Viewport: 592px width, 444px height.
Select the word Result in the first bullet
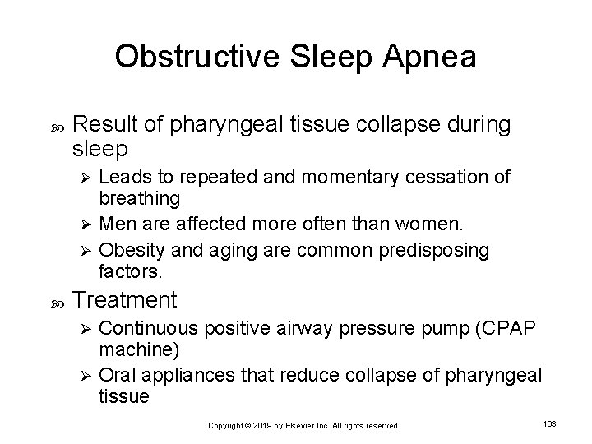pyautogui.click(x=108, y=125)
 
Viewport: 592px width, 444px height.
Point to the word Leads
pyautogui.click(x=122, y=177)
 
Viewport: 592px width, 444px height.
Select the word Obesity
pyautogui.click(x=128, y=248)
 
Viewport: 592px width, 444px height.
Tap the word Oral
pyautogui.click(x=117, y=375)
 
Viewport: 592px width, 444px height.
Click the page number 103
pyautogui.click(x=550, y=423)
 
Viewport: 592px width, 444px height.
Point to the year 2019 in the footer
pyautogui.click(x=263, y=425)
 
